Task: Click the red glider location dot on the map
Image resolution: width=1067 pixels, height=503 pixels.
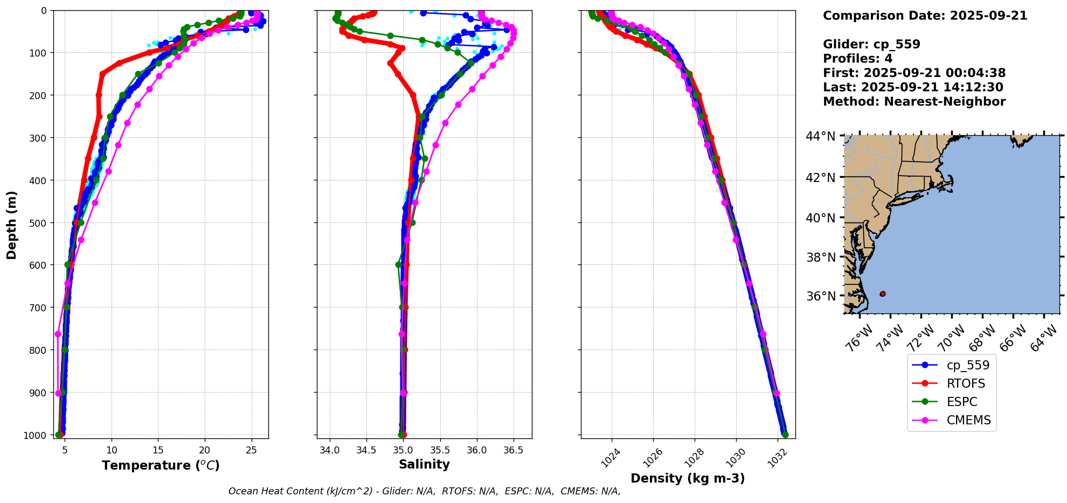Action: (x=883, y=294)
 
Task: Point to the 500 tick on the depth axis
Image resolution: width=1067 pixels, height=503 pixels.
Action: (x=39, y=223)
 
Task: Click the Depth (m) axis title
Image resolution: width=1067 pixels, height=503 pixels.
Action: (x=11, y=225)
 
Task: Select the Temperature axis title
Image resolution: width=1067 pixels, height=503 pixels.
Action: (x=161, y=466)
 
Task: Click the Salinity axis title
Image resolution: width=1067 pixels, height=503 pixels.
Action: (x=424, y=465)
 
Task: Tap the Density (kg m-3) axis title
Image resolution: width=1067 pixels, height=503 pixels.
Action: (x=688, y=478)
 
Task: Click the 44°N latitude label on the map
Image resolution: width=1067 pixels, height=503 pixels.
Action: (x=821, y=137)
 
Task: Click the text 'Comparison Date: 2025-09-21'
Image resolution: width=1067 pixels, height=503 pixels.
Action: (x=925, y=16)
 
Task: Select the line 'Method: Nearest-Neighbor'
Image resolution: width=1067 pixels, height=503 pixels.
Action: (x=914, y=102)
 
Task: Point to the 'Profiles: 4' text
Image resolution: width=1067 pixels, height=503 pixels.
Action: (x=857, y=59)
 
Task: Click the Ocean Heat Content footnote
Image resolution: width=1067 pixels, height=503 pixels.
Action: (x=424, y=491)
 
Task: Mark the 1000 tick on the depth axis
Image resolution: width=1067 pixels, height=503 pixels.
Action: (x=36, y=435)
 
